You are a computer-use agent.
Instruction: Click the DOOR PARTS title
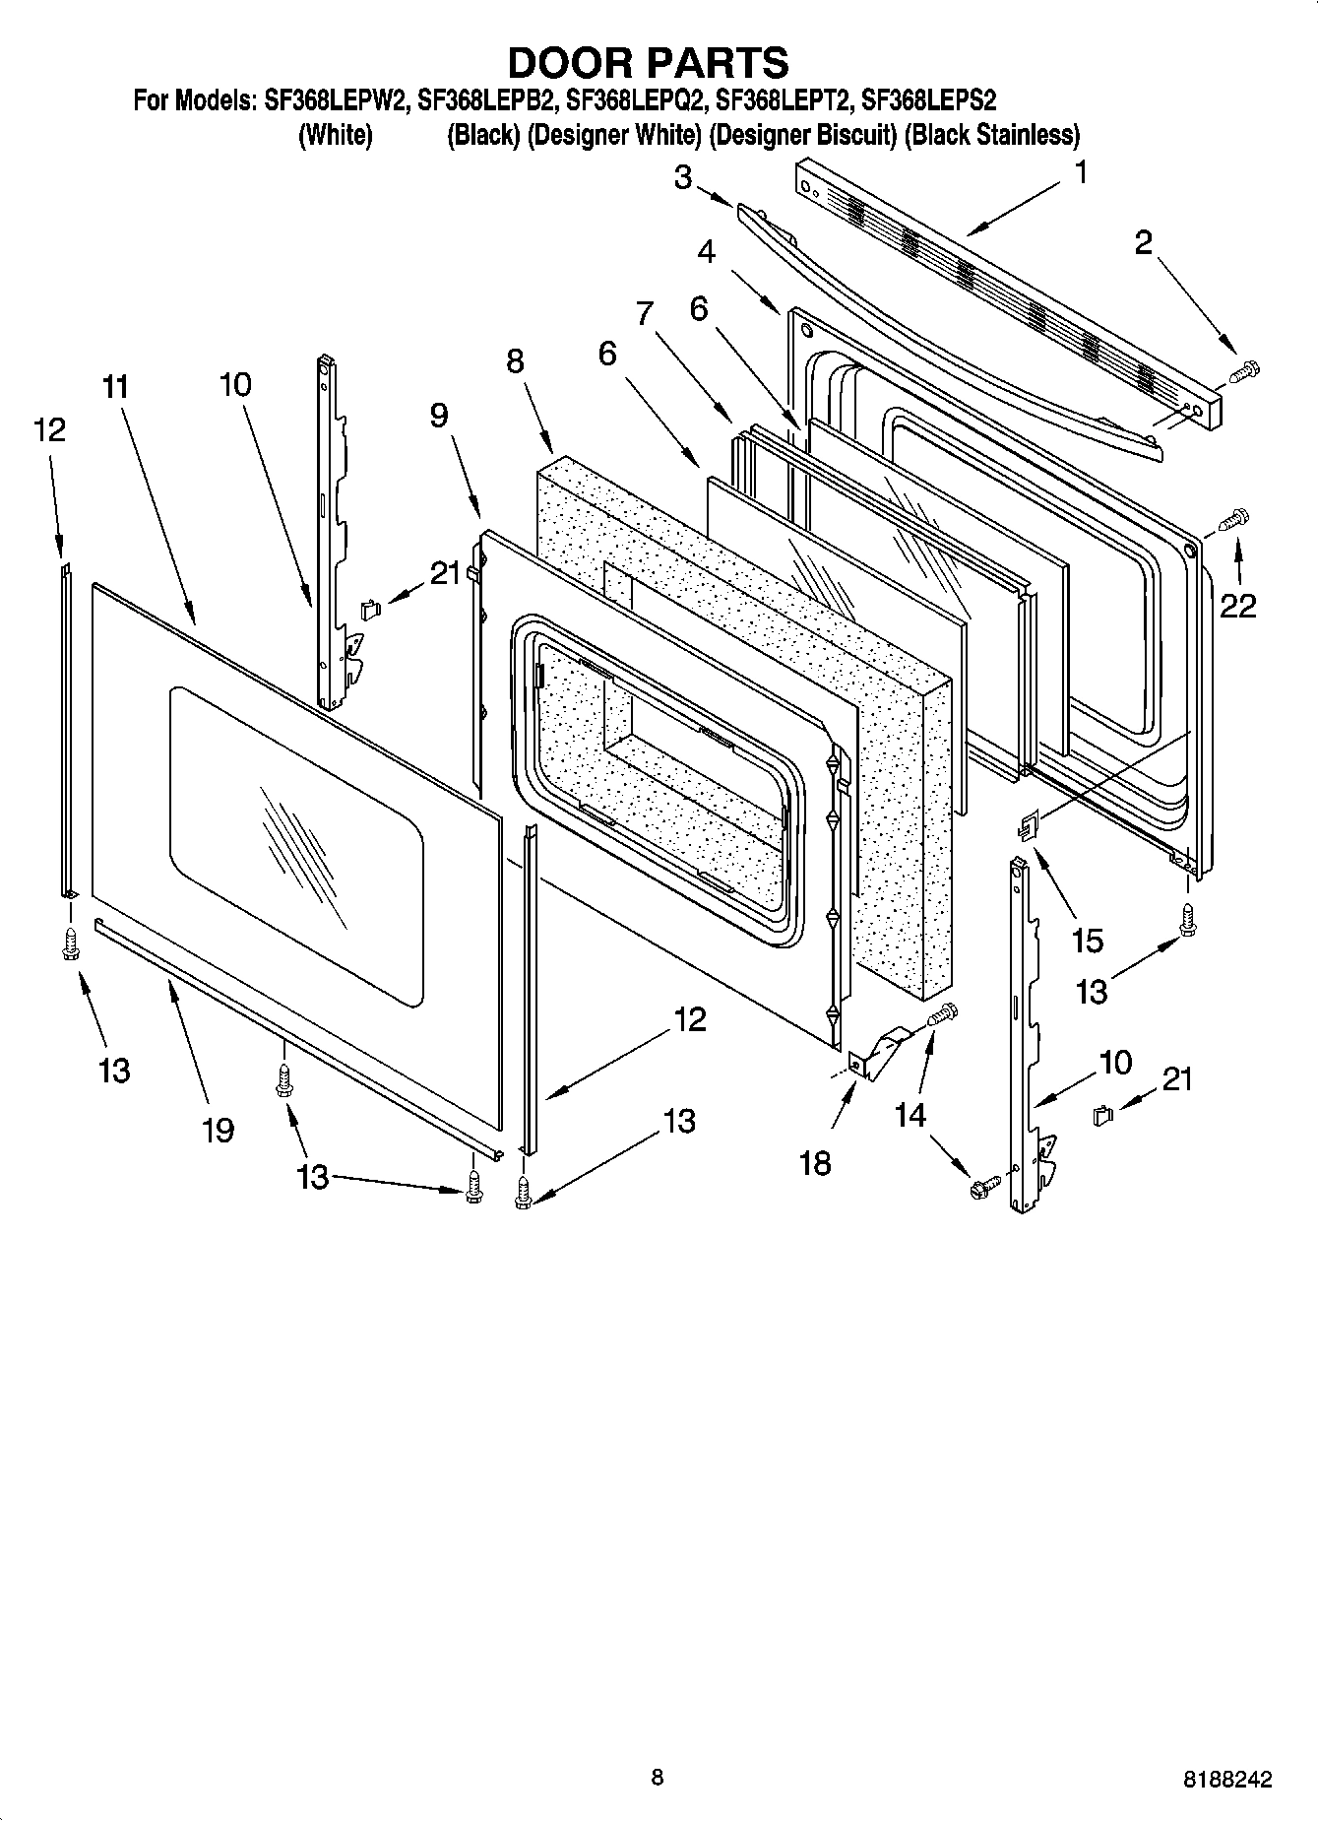[648, 62]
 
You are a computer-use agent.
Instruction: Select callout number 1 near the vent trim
[1080, 173]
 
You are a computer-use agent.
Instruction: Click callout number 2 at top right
[1143, 242]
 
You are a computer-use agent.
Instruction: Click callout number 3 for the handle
[683, 177]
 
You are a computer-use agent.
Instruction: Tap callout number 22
[1238, 606]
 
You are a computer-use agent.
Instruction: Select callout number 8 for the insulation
[515, 361]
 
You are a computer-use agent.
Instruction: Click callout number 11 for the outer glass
[115, 387]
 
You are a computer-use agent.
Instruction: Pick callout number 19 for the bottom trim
[218, 1129]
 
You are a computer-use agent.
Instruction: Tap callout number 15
[1087, 941]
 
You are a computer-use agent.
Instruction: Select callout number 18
[816, 1162]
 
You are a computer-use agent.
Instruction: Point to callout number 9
[439, 416]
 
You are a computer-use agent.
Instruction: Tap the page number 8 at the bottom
[658, 1778]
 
